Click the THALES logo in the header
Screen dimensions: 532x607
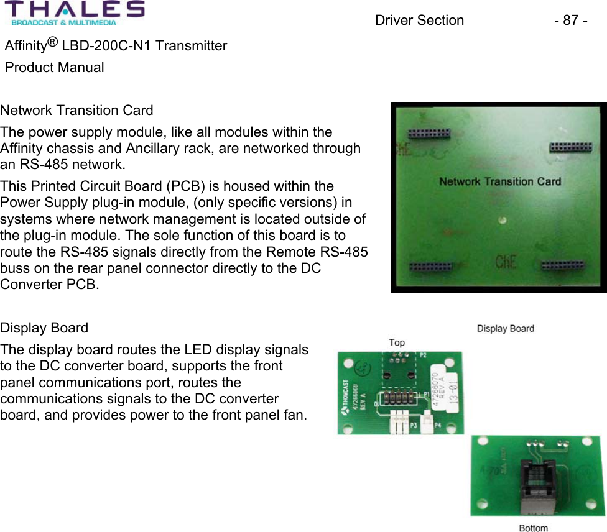click(75, 14)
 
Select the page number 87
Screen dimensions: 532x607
click(570, 21)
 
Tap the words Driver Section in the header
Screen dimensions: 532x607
click(419, 21)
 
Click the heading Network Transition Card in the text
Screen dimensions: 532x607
click(76, 111)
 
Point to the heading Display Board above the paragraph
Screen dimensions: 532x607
click(44, 328)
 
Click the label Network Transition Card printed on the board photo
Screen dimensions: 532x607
click(499, 181)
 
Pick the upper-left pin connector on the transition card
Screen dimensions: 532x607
click(429, 134)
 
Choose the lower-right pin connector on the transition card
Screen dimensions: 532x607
click(562, 266)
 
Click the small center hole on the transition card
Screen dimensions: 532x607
click(503, 220)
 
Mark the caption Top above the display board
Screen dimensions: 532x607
click(397, 342)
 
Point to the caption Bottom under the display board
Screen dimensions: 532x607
click(533, 528)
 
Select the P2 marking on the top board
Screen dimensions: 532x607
click(423, 355)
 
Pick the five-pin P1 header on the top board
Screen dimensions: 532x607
click(397, 396)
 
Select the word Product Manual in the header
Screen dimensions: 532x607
click(55, 67)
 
